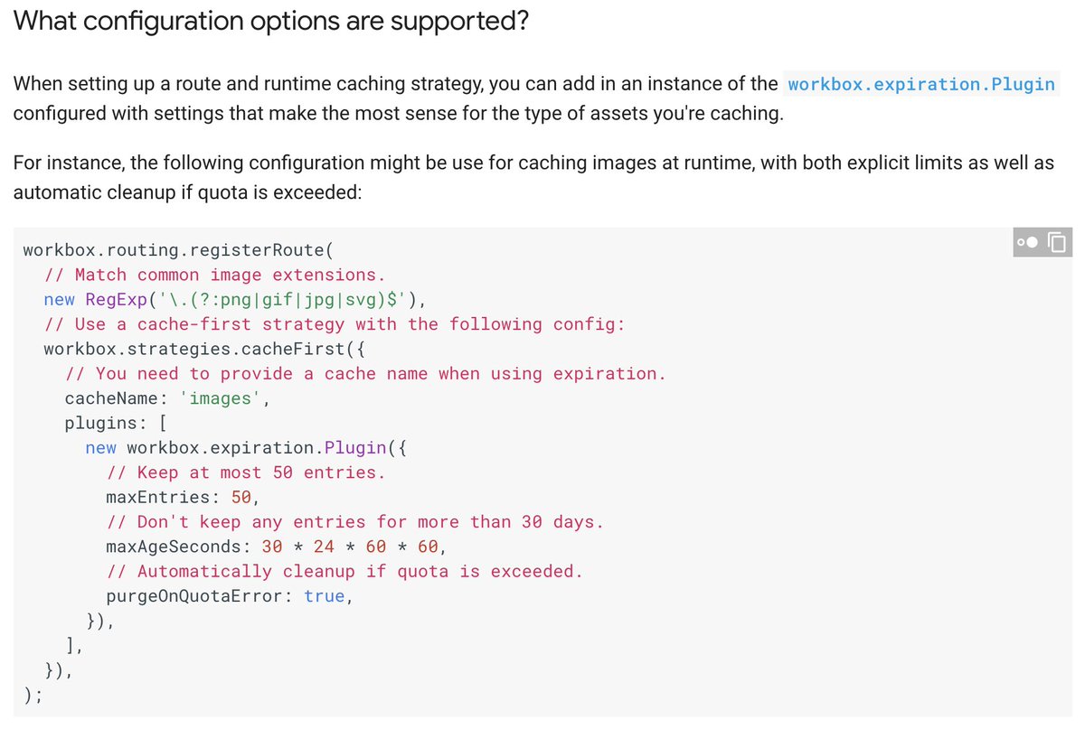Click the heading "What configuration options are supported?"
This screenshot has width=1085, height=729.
270,21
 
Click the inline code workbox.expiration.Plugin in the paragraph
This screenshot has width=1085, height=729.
921,84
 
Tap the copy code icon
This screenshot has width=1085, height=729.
1057,242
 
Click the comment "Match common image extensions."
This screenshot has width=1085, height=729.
215,275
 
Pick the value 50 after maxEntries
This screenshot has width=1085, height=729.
241,497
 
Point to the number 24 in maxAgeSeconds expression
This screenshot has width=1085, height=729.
324,547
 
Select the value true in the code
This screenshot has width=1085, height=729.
324,596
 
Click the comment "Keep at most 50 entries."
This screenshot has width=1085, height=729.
246,472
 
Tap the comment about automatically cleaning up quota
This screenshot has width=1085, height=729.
344,571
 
